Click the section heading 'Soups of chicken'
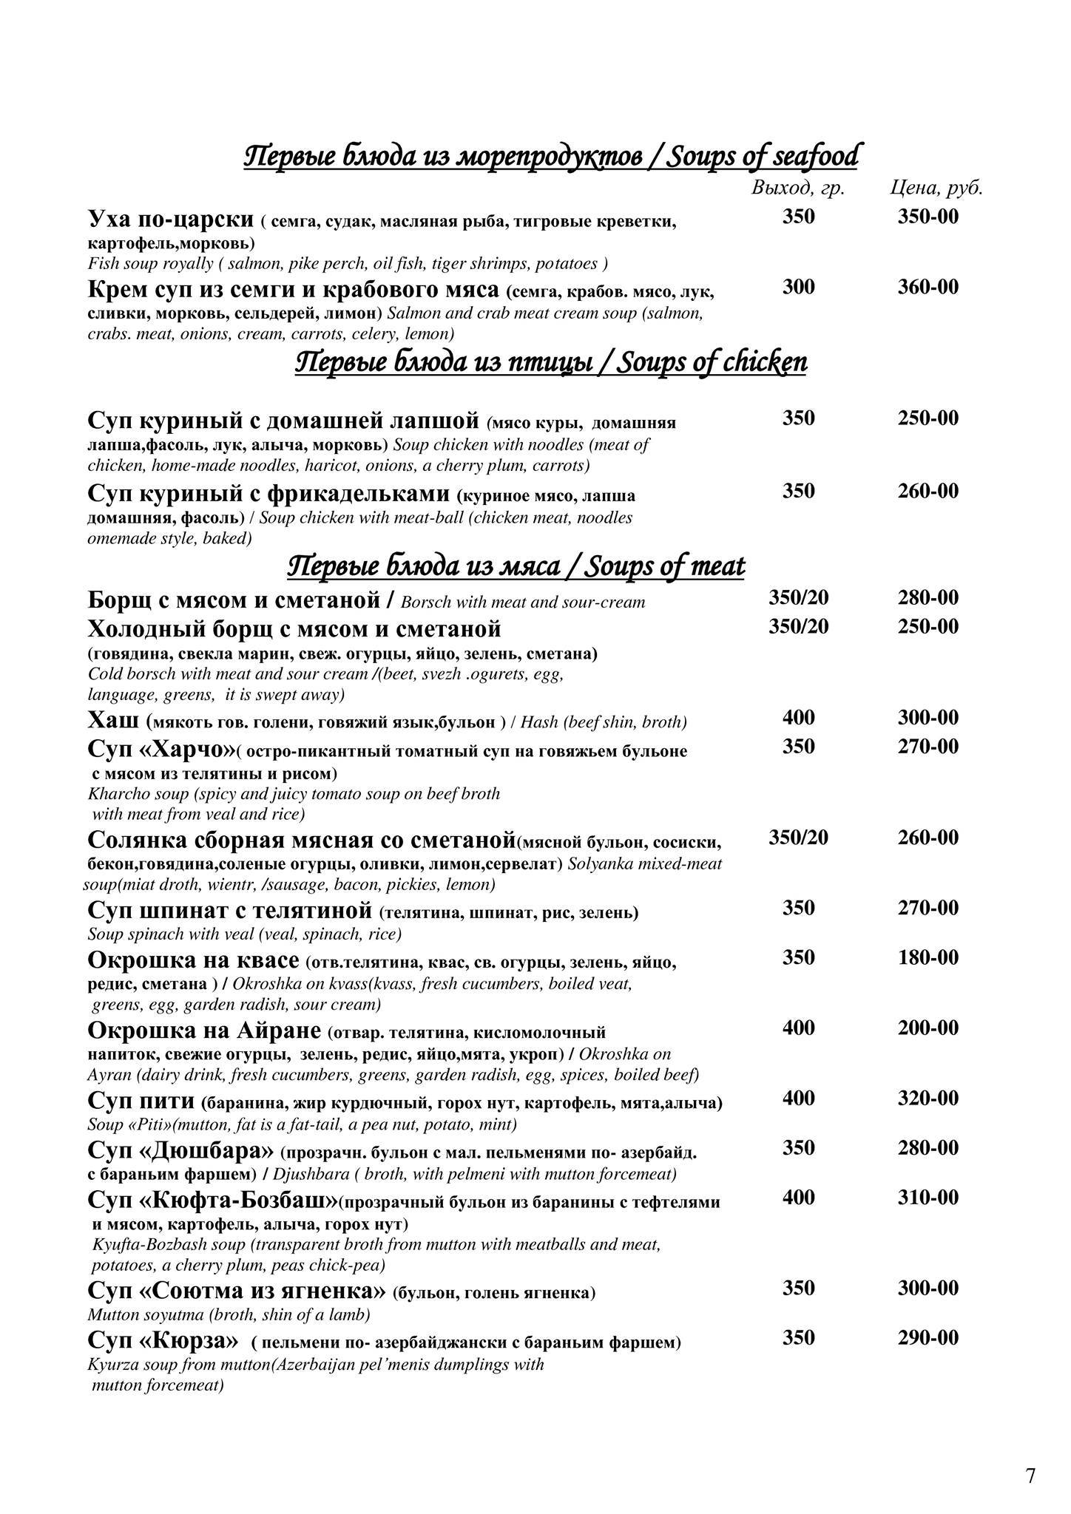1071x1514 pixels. point(711,363)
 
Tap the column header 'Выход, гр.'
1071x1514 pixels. point(797,189)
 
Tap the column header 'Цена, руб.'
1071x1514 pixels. point(936,189)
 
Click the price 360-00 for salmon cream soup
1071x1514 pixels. point(928,287)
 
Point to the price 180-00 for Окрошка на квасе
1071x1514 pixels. point(928,957)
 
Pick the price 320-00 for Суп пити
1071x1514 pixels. point(928,1098)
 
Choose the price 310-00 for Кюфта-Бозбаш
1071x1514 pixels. point(928,1197)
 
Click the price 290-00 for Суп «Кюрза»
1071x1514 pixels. point(928,1337)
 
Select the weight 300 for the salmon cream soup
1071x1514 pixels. point(798,287)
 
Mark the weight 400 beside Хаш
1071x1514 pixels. point(798,717)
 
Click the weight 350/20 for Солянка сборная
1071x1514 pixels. point(798,838)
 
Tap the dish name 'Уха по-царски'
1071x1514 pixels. point(170,220)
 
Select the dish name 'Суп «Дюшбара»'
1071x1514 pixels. point(180,1150)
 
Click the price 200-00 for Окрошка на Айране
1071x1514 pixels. point(928,1028)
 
